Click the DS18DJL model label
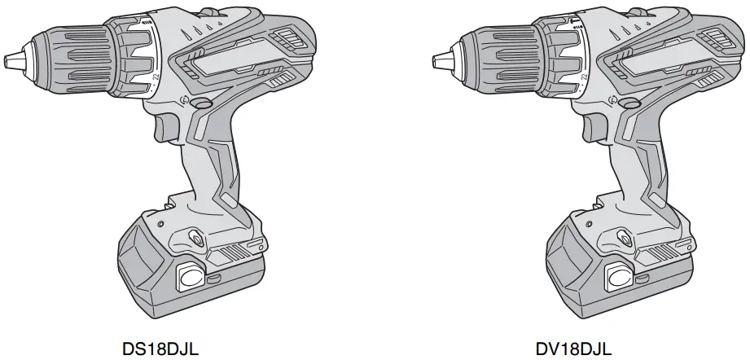[160, 349]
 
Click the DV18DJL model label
[573, 349]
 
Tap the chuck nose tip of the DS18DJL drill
[7, 62]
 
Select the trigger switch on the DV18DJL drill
[592, 127]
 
